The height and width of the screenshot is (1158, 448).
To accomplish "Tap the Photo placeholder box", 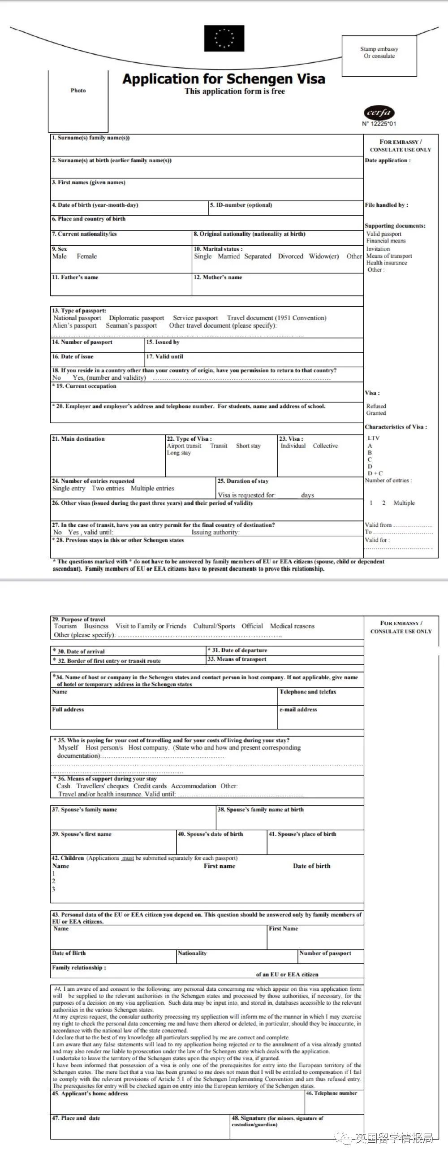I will (78, 101).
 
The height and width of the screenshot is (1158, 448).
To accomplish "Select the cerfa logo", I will (379, 113).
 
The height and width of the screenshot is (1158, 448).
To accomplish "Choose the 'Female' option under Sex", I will (87, 256).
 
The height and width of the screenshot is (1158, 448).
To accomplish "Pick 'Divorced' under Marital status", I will (290, 256).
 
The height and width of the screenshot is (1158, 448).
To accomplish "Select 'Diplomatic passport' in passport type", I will (136, 318).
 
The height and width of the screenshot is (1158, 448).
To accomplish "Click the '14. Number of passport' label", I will (82, 342).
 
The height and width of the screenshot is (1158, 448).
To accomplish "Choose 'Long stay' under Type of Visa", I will (179, 453).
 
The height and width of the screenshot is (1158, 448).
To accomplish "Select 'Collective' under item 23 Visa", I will (325, 446).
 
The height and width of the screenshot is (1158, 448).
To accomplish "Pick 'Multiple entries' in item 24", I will (152, 488).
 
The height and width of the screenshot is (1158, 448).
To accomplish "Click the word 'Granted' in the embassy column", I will (376, 413).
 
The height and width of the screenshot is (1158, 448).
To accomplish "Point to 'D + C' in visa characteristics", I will (375, 473).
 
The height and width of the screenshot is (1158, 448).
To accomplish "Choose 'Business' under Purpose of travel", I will (96, 626).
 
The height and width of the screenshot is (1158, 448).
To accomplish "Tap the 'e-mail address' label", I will (298, 709).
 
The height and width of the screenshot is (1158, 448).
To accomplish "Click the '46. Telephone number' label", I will (332, 1093).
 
